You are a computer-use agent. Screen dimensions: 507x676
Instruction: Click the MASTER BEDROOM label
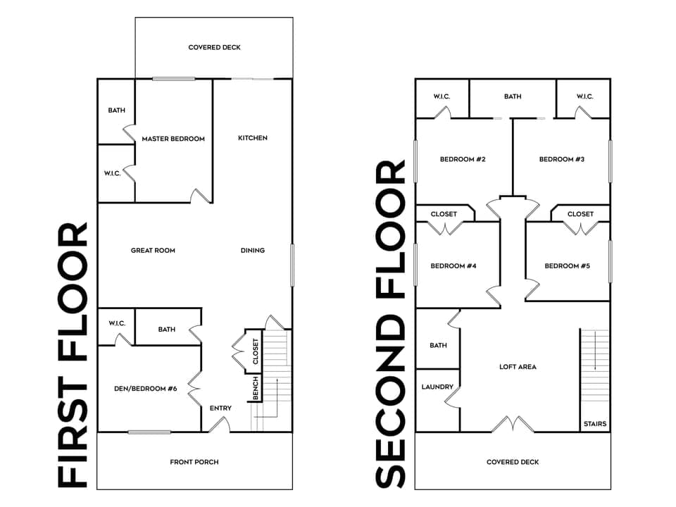tap(173, 139)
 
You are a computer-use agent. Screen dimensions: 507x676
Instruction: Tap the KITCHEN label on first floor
tap(252, 138)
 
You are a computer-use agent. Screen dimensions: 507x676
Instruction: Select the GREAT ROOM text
tap(153, 250)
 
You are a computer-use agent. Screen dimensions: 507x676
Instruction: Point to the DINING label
tap(252, 250)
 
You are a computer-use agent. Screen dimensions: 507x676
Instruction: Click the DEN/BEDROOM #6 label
tap(145, 388)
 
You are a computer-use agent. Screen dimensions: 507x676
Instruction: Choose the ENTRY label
tap(220, 408)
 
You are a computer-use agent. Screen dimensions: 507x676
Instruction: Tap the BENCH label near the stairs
tap(256, 388)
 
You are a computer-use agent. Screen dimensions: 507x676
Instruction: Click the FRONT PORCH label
tap(194, 462)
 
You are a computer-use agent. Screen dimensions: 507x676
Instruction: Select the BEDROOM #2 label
tap(463, 159)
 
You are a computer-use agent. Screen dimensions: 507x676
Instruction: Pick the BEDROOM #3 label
tap(562, 159)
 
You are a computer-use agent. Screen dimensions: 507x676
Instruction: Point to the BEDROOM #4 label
tap(453, 265)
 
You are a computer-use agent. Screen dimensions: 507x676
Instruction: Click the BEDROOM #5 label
tap(568, 265)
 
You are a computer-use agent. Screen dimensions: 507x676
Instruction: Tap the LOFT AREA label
tap(518, 367)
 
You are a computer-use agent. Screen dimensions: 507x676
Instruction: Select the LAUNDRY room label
tap(437, 387)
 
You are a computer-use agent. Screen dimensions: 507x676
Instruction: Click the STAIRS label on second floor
tap(594, 424)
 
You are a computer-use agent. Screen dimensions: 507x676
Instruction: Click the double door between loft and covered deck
tap(513, 424)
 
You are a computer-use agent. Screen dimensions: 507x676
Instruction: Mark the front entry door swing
tap(219, 424)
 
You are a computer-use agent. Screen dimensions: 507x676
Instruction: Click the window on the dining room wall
tap(292, 265)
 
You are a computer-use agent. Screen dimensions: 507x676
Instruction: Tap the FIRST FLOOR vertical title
tap(73, 356)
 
